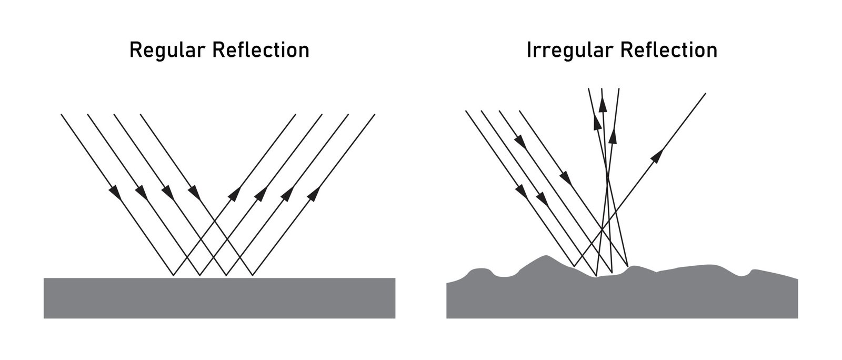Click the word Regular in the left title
(167, 51)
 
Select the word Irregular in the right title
(570, 51)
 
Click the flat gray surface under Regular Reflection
(219, 298)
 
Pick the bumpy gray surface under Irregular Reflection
(621, 298)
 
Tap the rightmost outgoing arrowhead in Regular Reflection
(313, 194)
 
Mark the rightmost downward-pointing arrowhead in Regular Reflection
(195, 193)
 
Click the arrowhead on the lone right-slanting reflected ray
(657, 155)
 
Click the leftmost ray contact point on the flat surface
(173, 276)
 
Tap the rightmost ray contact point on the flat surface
(253, 276)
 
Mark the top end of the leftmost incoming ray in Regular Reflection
(62, 114)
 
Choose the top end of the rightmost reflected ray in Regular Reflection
(375, 114)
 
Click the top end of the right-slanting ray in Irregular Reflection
(705, 93)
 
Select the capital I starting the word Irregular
(529, 51)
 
